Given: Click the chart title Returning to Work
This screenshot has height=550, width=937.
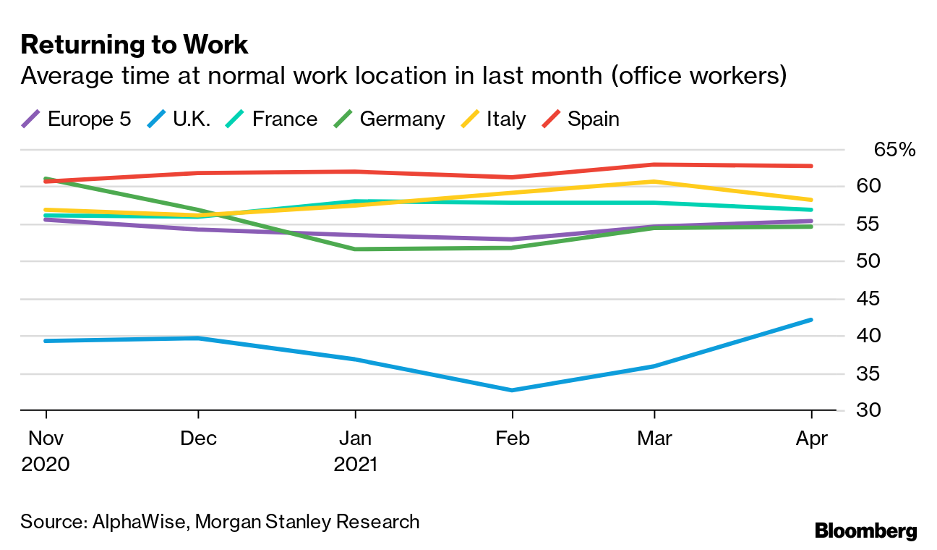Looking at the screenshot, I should click(134, 45).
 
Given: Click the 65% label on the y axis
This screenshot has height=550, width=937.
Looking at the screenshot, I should click(894, 150).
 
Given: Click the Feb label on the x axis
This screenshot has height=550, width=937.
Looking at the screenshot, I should click(512, 439).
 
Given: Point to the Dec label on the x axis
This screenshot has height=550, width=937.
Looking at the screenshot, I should click(198, 439).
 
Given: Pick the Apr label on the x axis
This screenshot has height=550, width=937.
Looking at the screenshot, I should click(811, 439).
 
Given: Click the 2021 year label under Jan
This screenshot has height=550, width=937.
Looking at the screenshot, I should click(355, 464).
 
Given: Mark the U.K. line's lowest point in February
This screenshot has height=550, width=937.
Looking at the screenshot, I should click(512, 390).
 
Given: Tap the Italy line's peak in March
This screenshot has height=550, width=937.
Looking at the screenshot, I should click(654, 182).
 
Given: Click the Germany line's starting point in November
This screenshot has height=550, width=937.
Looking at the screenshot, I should click(46, 178).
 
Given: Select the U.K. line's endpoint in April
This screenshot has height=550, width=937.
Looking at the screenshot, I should click(811, 320).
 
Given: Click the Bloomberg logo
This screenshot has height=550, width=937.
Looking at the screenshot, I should click(865, 530).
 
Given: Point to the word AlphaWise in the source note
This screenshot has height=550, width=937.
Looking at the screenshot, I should click(137, 521).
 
